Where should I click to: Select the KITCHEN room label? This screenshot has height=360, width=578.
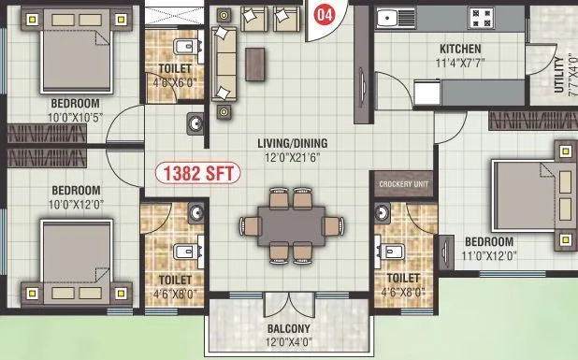(x=460, y=49)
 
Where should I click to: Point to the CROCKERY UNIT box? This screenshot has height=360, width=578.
(x=402, y=185)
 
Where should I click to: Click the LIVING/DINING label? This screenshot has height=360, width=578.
(x=292, y=143)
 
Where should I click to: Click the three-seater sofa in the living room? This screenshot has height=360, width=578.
(x=224, y=64)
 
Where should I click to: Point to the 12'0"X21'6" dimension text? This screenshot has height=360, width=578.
(x=292, y=157)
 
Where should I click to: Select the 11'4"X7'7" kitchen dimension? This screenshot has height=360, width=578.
(x=460, y=64)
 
